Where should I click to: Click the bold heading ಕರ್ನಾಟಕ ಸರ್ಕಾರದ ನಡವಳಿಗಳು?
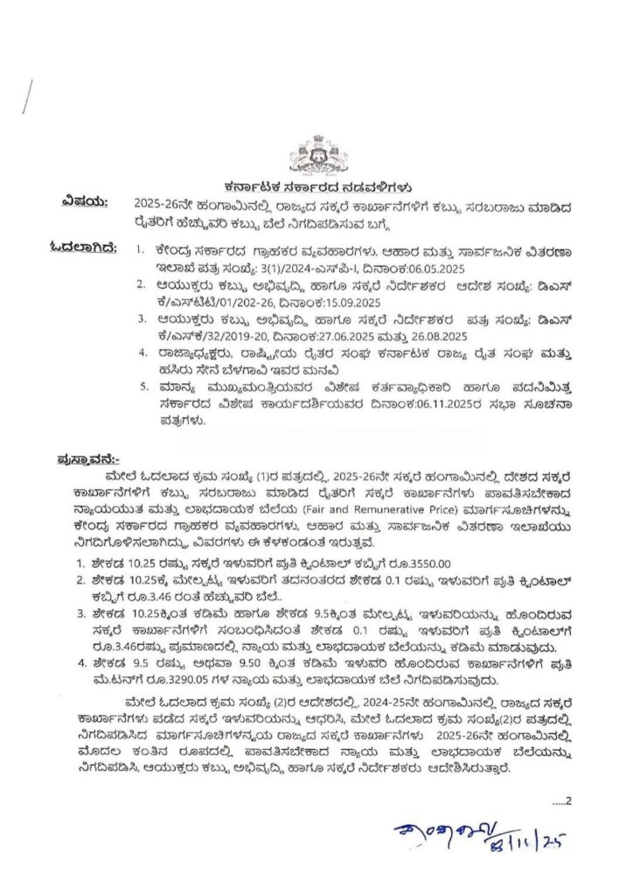(x=317, y=187)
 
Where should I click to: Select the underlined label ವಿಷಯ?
(x=85, y=203)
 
